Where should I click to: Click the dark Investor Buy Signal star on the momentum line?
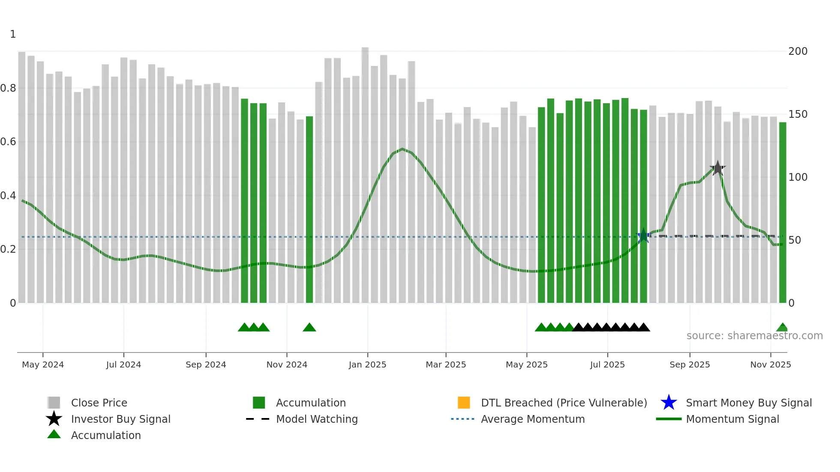717,168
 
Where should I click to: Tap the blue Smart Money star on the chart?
643,236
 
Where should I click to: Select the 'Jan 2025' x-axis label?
367,364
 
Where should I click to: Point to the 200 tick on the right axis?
798,51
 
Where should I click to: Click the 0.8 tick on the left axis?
8,88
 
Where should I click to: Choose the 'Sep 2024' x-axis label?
206,364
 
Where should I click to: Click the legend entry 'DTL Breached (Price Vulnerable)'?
564,403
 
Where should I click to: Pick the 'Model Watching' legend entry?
316,419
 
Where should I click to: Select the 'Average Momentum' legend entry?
532,419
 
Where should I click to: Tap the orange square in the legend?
464,403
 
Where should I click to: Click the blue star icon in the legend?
669,403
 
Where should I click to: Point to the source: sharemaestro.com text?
754,336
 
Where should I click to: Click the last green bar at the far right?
782,214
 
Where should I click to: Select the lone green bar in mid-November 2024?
309,210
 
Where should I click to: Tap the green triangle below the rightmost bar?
782,328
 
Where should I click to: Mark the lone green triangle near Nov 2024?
309,328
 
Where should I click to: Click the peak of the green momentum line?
402,149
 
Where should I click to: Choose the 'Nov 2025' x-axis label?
770,364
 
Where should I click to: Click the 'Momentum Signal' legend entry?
732,419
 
